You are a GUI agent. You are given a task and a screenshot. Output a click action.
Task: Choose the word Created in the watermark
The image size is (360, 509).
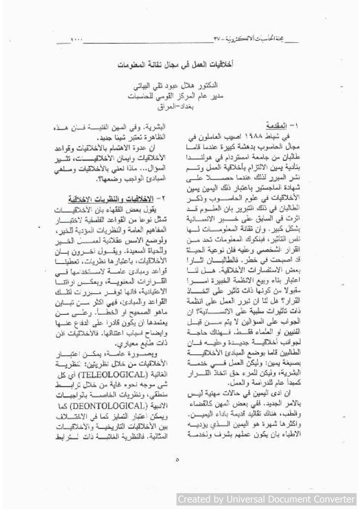click(x=195, y=499)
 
